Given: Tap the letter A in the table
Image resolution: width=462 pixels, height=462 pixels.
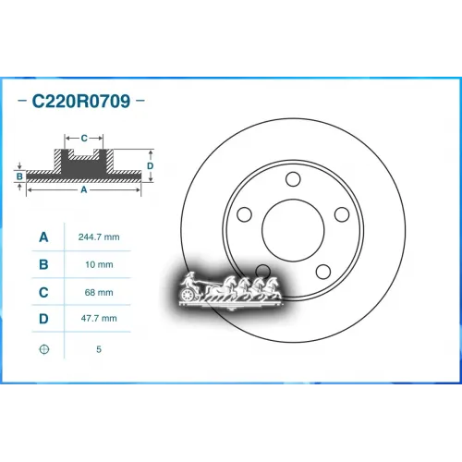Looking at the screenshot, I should (x=43, y=237).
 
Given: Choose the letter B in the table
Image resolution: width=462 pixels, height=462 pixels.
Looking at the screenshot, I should (x=43, y=265).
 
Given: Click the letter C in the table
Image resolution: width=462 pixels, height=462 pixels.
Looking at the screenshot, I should (x=43, y=292).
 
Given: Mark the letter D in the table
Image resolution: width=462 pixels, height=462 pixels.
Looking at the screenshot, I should (x=43, y=319).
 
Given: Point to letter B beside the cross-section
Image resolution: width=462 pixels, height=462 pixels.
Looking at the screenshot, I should (x=18, y=174).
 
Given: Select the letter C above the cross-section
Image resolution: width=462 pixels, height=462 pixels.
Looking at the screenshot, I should (x=84, y=138).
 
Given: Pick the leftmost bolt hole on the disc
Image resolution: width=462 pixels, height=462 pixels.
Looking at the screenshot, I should (x=244, y=214).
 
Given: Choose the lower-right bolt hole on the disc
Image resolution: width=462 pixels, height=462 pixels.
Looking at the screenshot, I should (x=324, y=272).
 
